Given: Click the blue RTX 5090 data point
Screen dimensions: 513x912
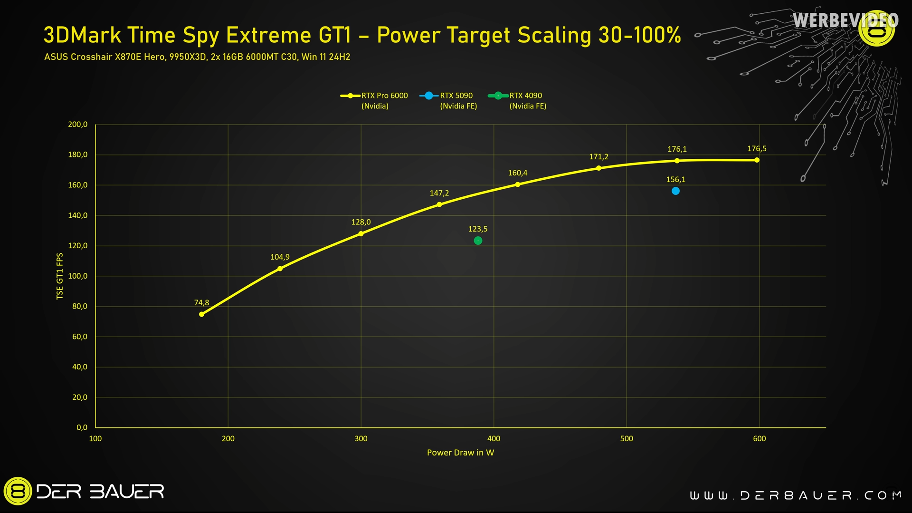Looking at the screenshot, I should pyautogui.click(x=675, y=191).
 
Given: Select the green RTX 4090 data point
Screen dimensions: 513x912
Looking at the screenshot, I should pyautogui.click(x=478, y=241).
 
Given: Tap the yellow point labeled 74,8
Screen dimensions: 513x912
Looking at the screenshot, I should pyautogui.click(x=201, y=314).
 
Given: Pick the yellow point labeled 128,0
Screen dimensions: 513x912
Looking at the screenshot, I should pyautogui.click(x=361, y=233).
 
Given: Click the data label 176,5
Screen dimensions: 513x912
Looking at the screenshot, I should pyautogui.click(x=757, y=149).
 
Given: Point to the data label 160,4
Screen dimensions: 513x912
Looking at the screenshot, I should pyautogui.click(x=517, y=173).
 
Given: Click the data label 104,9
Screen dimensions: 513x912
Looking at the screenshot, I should pyautogui.click(x=280, y=257).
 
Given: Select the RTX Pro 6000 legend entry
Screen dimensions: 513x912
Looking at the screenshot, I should pyautogui.click(x=375, y=100).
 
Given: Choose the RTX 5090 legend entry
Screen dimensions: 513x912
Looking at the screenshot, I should pyautogui.click(x=449, y=100).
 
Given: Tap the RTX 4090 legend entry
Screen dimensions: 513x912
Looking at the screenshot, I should pyautogui.click(x=518, y=100).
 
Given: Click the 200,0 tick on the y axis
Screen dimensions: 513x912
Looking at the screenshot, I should pyautogui.click(x=78, y=125).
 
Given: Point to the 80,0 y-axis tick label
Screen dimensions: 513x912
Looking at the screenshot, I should pyautogui.click(x=80, y=307).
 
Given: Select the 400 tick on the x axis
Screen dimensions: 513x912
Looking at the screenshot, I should pyautogui.click(x=494, y=438).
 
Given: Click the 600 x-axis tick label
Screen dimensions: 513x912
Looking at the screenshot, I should pyautogui.click(x=759, y=438).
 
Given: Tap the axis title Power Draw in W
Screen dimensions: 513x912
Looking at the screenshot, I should pyautogui.click(x=460, y=453).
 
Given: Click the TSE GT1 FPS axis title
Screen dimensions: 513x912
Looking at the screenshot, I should pyautogui.click(x=60, y=276).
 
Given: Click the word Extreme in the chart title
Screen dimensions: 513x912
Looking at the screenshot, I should pyautogui.click(x=268, y=35).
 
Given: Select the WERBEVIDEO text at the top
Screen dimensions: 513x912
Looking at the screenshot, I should pyautogui.click(x=845, y=20).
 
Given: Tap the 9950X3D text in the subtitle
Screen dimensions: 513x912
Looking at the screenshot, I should pyautogui.click(x=188, y=57).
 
